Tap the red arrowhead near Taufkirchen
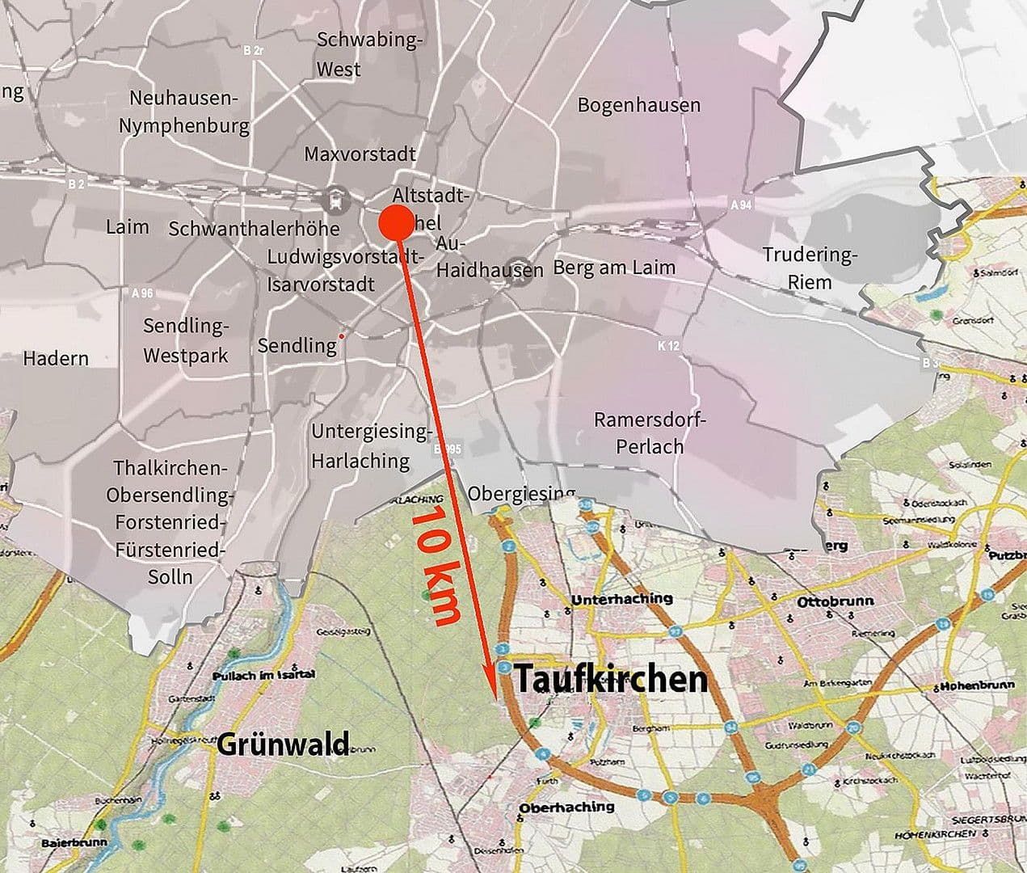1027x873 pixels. [490, 681]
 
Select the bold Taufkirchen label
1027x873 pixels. [611, 680]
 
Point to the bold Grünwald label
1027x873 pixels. [283, 743]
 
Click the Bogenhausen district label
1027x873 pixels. [638, 105]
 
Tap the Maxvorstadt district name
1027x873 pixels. [360, 154]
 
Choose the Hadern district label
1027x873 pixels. [56, 358]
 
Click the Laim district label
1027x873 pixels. [127, 226]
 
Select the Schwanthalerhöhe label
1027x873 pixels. [254, 229]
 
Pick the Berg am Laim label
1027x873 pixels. [614, 268]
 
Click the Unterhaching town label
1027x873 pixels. [621, 599]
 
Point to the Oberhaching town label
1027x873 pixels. [566, 807]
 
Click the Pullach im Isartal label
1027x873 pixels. [262, 675]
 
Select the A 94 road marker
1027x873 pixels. [740, 205]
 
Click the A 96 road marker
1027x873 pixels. [141, 293]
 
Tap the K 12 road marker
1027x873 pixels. [668, 346]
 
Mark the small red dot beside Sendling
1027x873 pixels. [343, 335]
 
